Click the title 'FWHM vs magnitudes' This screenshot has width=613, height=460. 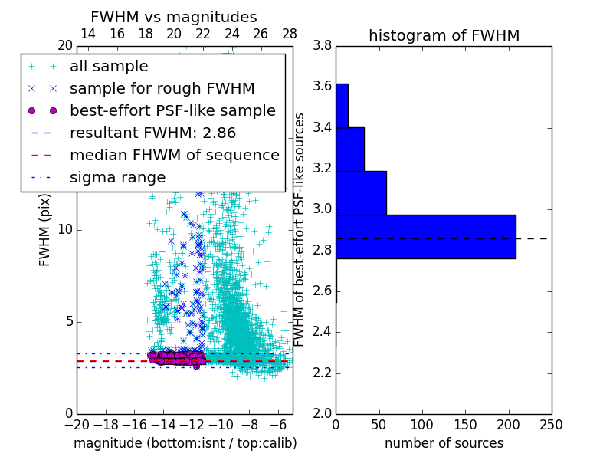pyautogui.click(x=174, y=18)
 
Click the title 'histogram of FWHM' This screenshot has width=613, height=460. pyautogui.click(x=444, y=35)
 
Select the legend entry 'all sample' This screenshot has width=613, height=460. pyautogui.click(x=109, y=67)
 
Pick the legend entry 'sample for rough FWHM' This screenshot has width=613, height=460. pyautogui.click(x=162, y=89)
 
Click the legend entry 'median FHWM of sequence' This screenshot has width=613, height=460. pyautogui.click(x=174, y=155)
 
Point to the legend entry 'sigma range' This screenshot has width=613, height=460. pyautogui.click(x=117, y=177)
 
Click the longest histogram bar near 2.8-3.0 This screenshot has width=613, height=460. pyautogui.click(x=425, y=237)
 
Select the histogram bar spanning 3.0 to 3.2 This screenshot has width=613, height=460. pyautogui.click(x=361, y=193)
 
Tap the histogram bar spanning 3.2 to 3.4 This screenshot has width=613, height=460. pyautogui.click(x=349, y=149)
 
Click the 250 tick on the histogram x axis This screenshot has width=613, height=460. pyautogui.click(x=551, y=424)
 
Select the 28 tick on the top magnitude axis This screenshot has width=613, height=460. pyautogui.click(x=289, y=34)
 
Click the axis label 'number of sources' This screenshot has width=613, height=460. pyautogui.click(x=444, y=443)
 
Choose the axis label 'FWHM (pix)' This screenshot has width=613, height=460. pyautogui.click(x=45, y=229)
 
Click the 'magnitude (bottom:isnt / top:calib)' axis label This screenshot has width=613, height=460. pyautogui.click(x=185, y=443)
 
